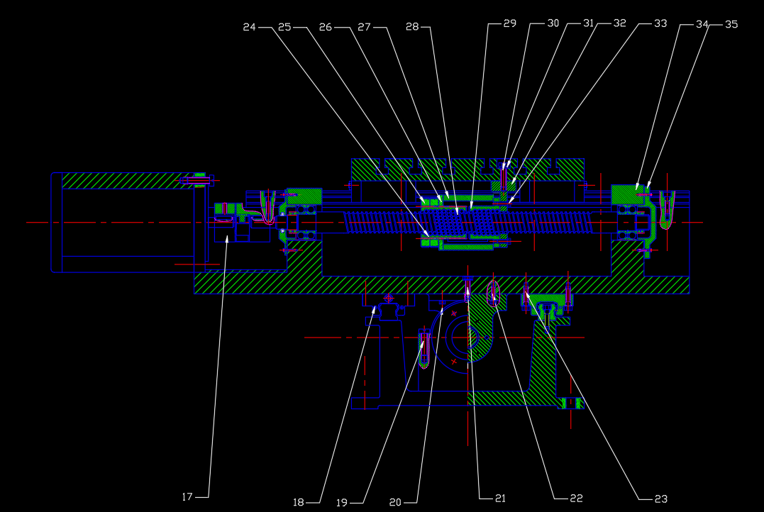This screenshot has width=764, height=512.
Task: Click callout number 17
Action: coord(187,497)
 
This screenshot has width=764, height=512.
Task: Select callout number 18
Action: coord(299,502)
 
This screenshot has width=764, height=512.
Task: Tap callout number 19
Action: coord(342,503)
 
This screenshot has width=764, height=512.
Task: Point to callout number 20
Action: coord(395,502)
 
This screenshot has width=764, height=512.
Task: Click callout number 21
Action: coord(500,499)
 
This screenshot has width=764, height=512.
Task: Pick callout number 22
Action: coord(577,499)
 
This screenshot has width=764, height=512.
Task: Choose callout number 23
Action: coord(661,499)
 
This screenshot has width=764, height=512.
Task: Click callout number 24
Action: coord(250,27)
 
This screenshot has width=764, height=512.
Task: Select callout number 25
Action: coord(284,27)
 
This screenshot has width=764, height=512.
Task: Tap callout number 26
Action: coord(326,27)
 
